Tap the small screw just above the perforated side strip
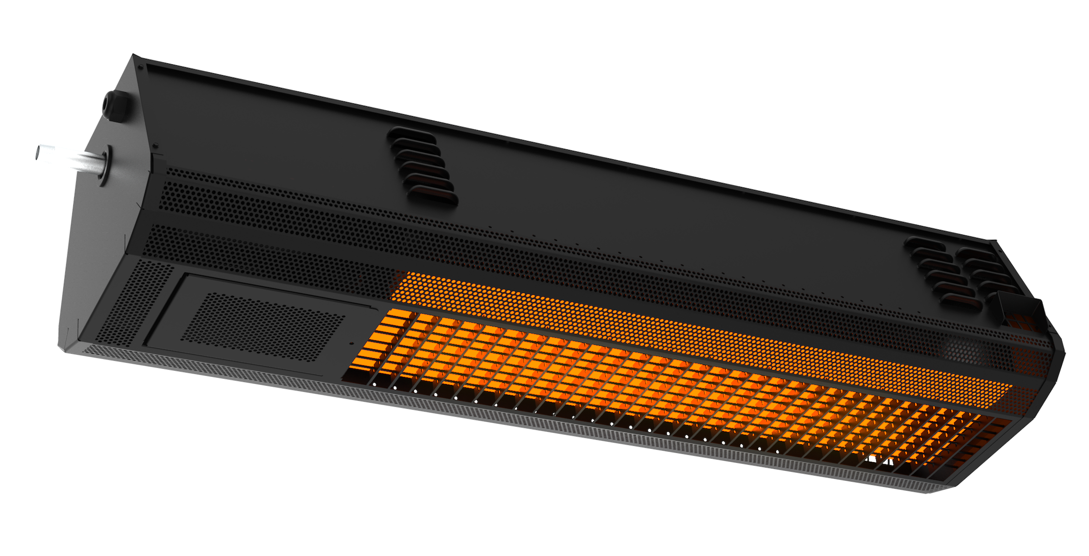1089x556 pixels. (x=155, y=146)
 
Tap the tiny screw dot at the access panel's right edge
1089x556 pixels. (x=352, y=342)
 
